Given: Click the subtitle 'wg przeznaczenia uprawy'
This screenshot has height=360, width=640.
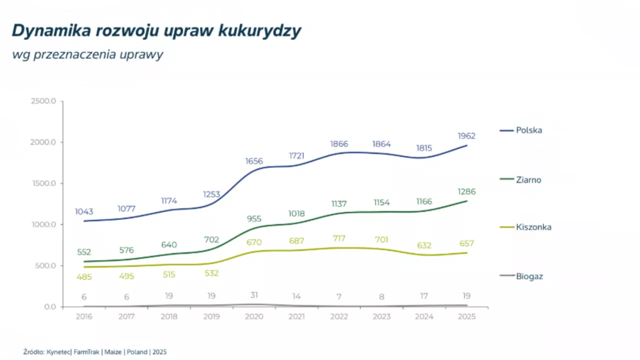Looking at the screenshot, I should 87,55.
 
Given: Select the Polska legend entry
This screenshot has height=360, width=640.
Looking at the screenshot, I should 529,130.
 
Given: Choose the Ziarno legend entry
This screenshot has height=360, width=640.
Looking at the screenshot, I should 528,180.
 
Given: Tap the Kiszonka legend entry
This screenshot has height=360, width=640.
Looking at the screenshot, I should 533,227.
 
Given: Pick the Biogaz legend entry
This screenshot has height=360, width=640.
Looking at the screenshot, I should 529,276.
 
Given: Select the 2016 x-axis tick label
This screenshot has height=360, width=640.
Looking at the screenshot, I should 83,316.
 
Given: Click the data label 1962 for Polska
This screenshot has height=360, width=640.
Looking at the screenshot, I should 466,136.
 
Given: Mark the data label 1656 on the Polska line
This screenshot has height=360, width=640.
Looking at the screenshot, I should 254,161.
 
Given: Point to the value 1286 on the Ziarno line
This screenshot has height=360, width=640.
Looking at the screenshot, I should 466,191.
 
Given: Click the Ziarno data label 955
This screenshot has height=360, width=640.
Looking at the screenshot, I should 254,218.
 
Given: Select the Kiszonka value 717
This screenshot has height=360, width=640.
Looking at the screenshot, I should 338,238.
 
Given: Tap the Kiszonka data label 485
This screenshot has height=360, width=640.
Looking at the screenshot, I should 83,276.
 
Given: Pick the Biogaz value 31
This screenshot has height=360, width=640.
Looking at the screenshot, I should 254,295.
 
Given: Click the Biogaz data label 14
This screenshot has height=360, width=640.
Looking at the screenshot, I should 296,295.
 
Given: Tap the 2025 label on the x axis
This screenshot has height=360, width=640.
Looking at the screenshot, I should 466,316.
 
